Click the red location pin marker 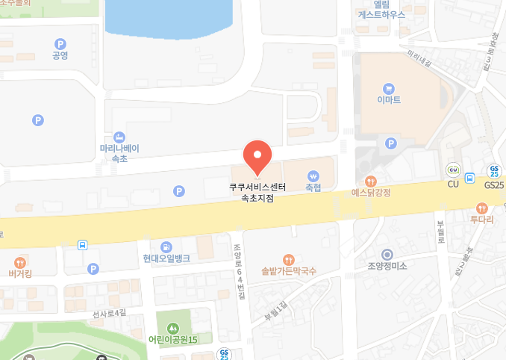[x=257, y=156]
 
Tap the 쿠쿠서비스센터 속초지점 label [x=257, y=193]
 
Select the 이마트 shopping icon [x=387, y=88]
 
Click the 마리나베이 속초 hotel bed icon [x=119, y=137]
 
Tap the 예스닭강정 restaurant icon [x=371, y=181]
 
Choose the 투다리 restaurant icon [x=482, y=208]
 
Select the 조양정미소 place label [x=387, y=266]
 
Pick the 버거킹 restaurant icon [x=20, y=262]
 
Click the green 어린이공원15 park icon [x=172, y=328]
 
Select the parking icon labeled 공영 [x=60, y=44]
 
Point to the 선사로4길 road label [x=110, y=314]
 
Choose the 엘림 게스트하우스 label [x=381, y=8]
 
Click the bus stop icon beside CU [x=469, y=178]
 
